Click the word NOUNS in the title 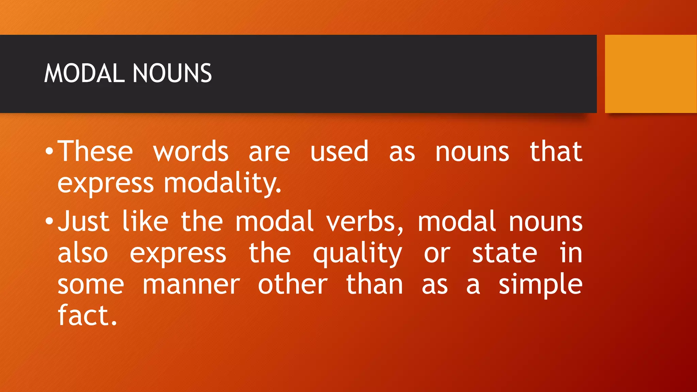172,73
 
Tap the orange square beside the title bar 651,74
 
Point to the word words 191,152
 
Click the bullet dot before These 49,151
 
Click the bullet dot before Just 49,222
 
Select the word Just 83,222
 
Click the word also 83,253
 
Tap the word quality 357,254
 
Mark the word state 504,253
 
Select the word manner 191,285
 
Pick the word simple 540,285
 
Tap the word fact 87,316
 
